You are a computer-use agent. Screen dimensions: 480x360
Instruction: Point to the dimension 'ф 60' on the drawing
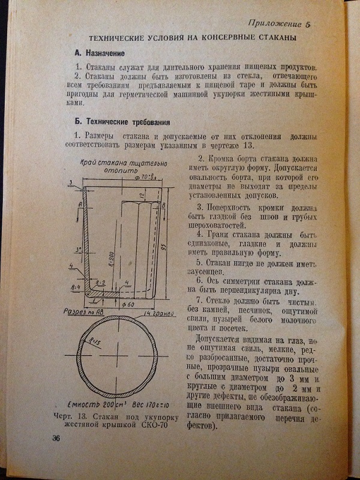coord(127,304)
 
